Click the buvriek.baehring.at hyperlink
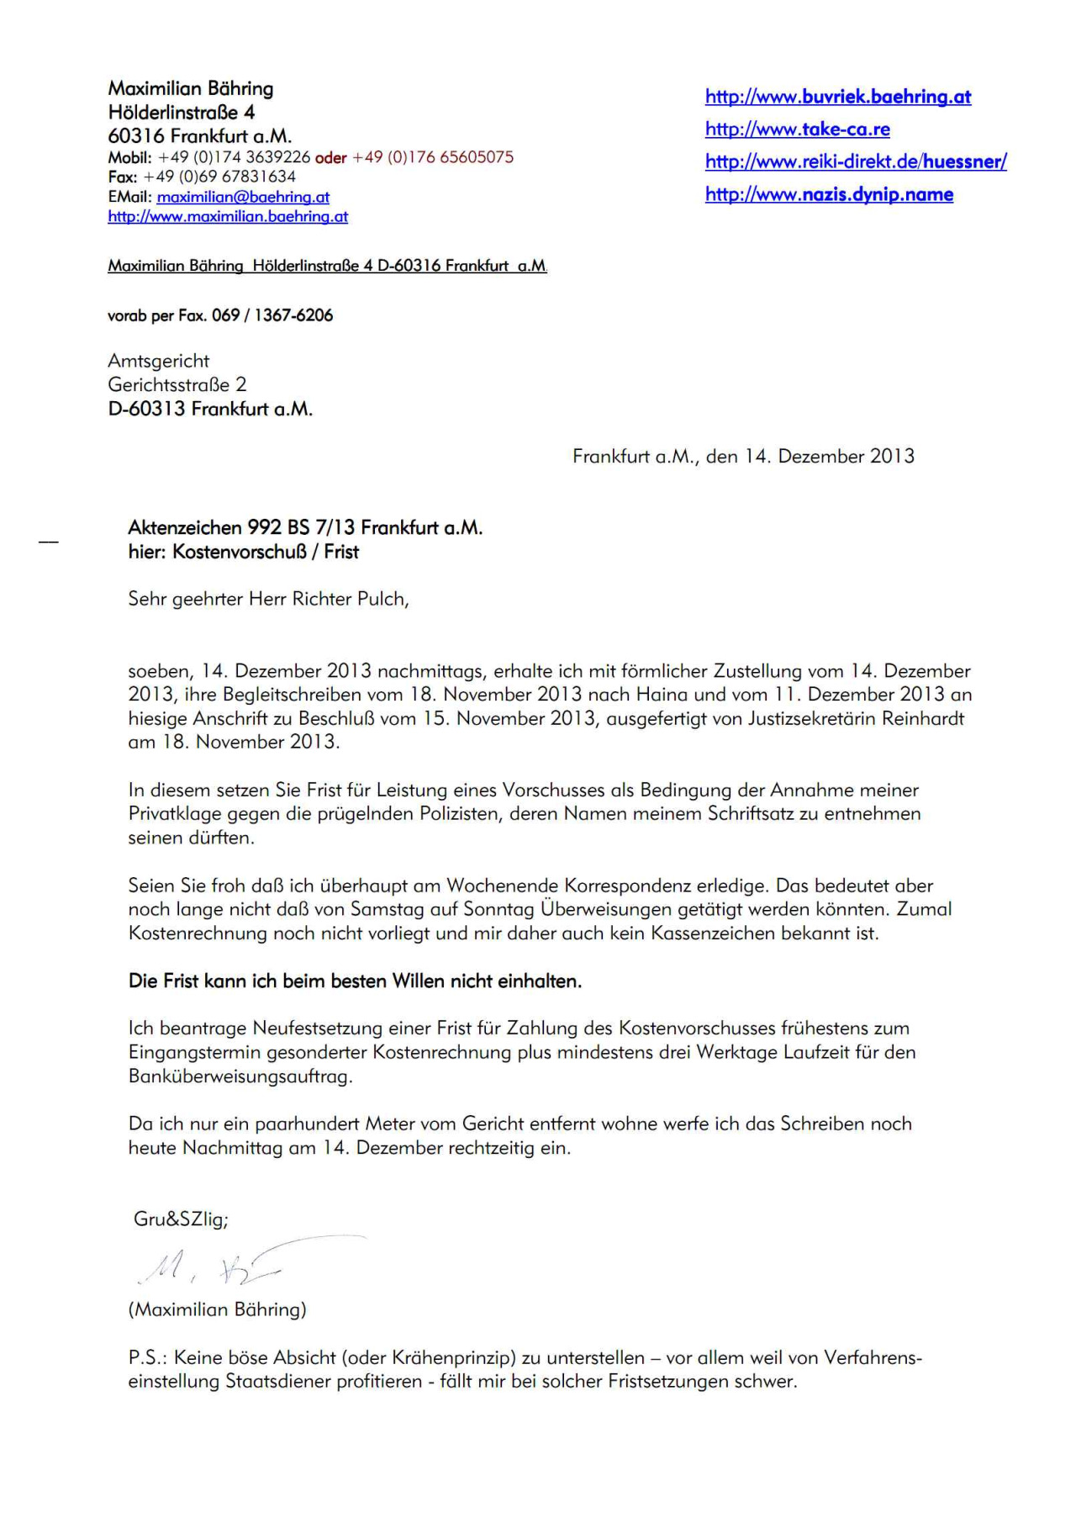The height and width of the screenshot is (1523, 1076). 837,97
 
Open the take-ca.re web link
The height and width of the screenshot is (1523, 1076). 797,130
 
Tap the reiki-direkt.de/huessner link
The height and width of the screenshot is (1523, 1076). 855,161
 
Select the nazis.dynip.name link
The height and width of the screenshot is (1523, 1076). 829,194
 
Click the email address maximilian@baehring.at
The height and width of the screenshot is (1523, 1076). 243,197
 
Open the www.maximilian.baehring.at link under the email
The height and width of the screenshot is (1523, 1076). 228,216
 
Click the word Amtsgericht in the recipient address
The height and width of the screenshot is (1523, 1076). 159,361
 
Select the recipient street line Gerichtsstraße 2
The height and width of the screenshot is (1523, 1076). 177,384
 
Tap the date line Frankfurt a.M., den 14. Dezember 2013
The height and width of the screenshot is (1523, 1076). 743,456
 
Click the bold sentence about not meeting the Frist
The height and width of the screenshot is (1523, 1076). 355,981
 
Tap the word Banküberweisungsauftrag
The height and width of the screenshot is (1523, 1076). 240,1076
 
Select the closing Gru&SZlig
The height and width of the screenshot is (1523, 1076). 181,1219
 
